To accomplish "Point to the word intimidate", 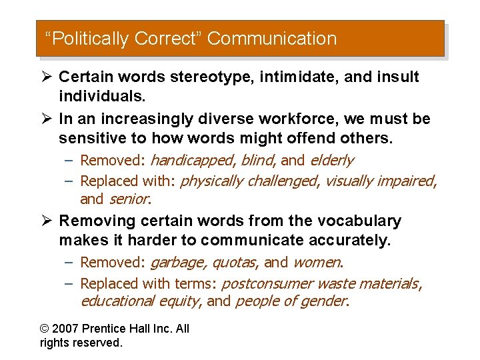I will (x=293, y=77).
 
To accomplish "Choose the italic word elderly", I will (x=332, y=160).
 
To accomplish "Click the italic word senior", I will (x=129, y=199).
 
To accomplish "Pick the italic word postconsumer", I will (x=261, y=283).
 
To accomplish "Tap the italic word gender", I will (x=327, y=301).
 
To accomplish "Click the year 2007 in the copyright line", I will (x=67, y=329).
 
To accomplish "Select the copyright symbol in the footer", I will (x=45, y=329).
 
